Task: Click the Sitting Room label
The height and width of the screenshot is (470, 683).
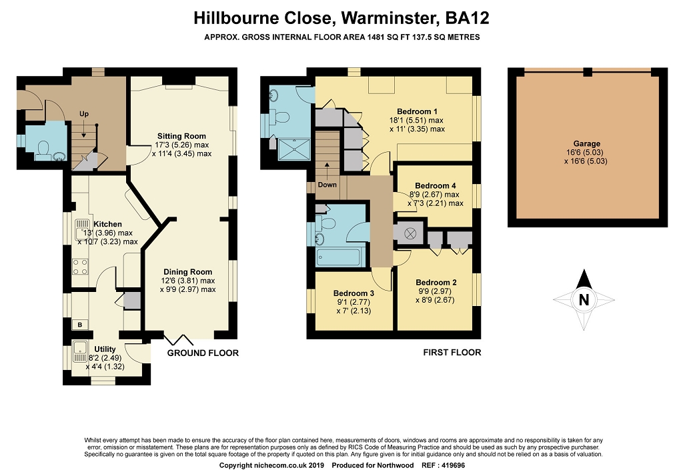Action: click(181, 136)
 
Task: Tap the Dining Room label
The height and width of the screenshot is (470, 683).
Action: click(187, 272)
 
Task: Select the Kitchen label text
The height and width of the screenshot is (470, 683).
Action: click(107, 224)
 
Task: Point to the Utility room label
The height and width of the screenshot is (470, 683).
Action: click(105, 349)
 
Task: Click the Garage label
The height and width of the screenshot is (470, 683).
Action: click(587, 143)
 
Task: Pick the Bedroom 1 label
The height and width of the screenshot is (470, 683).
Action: click(417, 111)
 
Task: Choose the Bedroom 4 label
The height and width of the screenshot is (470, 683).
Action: click(435, 186)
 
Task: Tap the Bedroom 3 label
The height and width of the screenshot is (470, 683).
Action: click(354, 293)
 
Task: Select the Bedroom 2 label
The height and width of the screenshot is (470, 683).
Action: click(436, 283)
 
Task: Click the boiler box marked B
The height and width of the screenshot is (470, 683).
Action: click(80, 324)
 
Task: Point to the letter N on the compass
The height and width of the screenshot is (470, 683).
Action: click(584, 300)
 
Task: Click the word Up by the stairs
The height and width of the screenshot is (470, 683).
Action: click(84, 113)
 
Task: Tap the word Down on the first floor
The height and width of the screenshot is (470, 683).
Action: click(327, 185)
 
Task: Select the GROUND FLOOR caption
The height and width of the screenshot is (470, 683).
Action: click(203, 353)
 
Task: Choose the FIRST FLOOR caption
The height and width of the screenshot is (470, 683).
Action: click(452, 353)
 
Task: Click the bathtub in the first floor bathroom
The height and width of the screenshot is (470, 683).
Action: click(338, 257)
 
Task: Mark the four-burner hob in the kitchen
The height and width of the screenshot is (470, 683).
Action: click(80, 267)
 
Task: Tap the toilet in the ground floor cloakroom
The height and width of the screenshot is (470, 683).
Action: click(43, 148)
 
